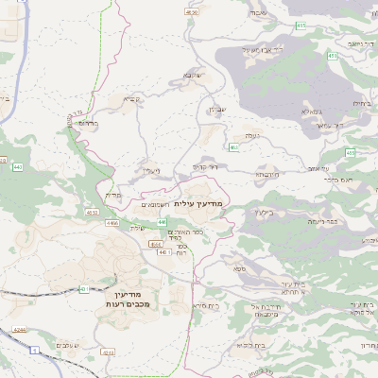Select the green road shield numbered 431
84,288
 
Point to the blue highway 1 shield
36,351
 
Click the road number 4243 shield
108,351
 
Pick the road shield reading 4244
20,332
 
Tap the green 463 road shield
233,146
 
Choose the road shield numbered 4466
112,223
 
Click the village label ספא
241,269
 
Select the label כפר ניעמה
323,221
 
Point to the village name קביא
130,97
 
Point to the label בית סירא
206,305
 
